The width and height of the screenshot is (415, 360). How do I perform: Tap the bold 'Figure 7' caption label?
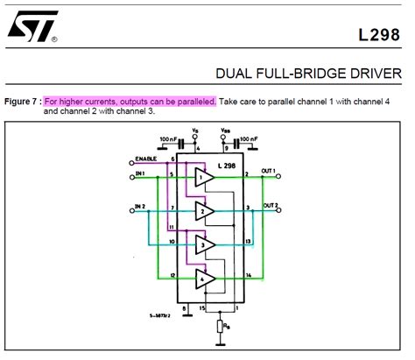click(22, 102)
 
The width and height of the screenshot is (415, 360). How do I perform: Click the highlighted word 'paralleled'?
click(194, 102)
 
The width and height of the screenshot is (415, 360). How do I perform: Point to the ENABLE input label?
click(145, 159)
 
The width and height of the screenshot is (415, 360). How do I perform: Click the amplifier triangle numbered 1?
click(204, 179)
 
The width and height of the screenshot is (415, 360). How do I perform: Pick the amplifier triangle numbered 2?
click(204, 211)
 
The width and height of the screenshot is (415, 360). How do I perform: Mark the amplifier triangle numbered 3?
click(204, 244)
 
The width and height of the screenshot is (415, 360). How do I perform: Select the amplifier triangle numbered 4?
click(204, 279)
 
